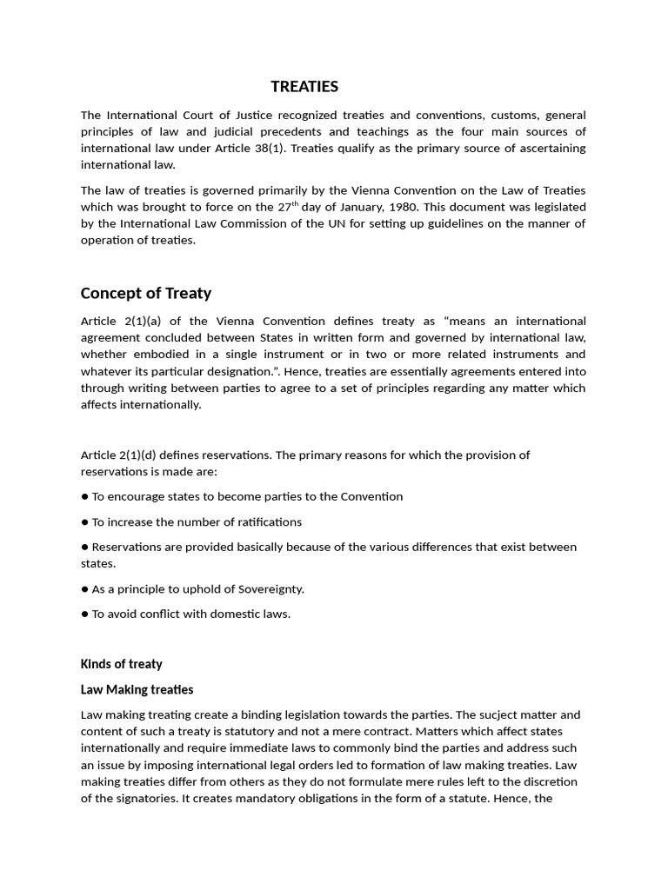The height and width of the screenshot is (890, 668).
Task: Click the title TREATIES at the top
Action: pyautogui.click(x=304, y=87)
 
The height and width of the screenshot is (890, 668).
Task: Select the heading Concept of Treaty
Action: pyautogui.click(x=146, y=293)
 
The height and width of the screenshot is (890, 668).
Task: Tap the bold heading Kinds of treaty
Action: pyautogui.click(x=122, y=664)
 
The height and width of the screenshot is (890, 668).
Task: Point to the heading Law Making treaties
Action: pyautogui.click(x=137, y=689)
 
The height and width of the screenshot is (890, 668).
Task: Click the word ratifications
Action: pyautogui.click(x=260, y=522)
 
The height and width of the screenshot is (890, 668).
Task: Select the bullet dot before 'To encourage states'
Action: pyautogui.click(x=85, y=497)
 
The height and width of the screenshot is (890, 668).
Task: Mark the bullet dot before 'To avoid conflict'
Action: pyautogui.click(x=85, y=614)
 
